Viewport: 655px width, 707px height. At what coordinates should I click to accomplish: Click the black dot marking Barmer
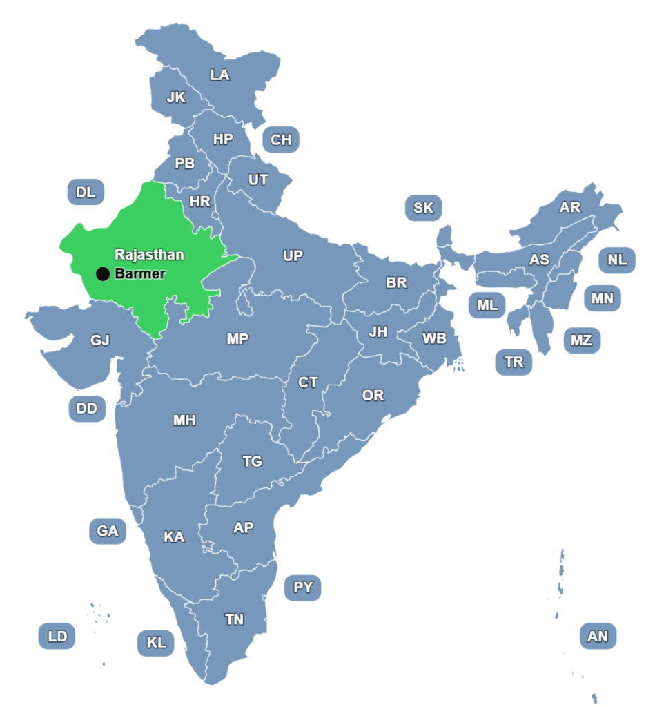103,274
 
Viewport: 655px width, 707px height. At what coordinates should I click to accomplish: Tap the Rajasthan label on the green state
149,255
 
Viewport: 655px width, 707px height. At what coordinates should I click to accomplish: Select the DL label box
86,192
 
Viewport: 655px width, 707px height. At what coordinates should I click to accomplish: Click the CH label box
281,140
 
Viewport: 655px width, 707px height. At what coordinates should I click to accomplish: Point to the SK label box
423,208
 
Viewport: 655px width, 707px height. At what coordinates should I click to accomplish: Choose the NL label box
617,260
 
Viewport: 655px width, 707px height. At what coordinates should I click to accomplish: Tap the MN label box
602,299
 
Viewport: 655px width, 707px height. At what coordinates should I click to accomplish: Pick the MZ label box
581,340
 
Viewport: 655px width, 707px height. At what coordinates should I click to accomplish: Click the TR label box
514,362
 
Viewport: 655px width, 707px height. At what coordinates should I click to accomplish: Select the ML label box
487,305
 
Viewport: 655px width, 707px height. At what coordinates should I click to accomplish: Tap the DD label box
87,409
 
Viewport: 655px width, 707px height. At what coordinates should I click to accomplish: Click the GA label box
108,531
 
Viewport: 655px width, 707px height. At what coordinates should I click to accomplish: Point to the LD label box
57,636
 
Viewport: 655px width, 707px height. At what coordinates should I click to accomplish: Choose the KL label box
156,643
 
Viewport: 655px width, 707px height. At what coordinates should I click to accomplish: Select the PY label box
303,588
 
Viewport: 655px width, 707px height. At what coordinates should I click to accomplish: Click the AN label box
598,636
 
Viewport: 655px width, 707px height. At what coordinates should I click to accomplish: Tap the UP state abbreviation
293,256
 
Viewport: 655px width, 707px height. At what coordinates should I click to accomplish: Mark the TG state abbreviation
252,462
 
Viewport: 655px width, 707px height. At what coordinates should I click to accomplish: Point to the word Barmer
140,274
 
